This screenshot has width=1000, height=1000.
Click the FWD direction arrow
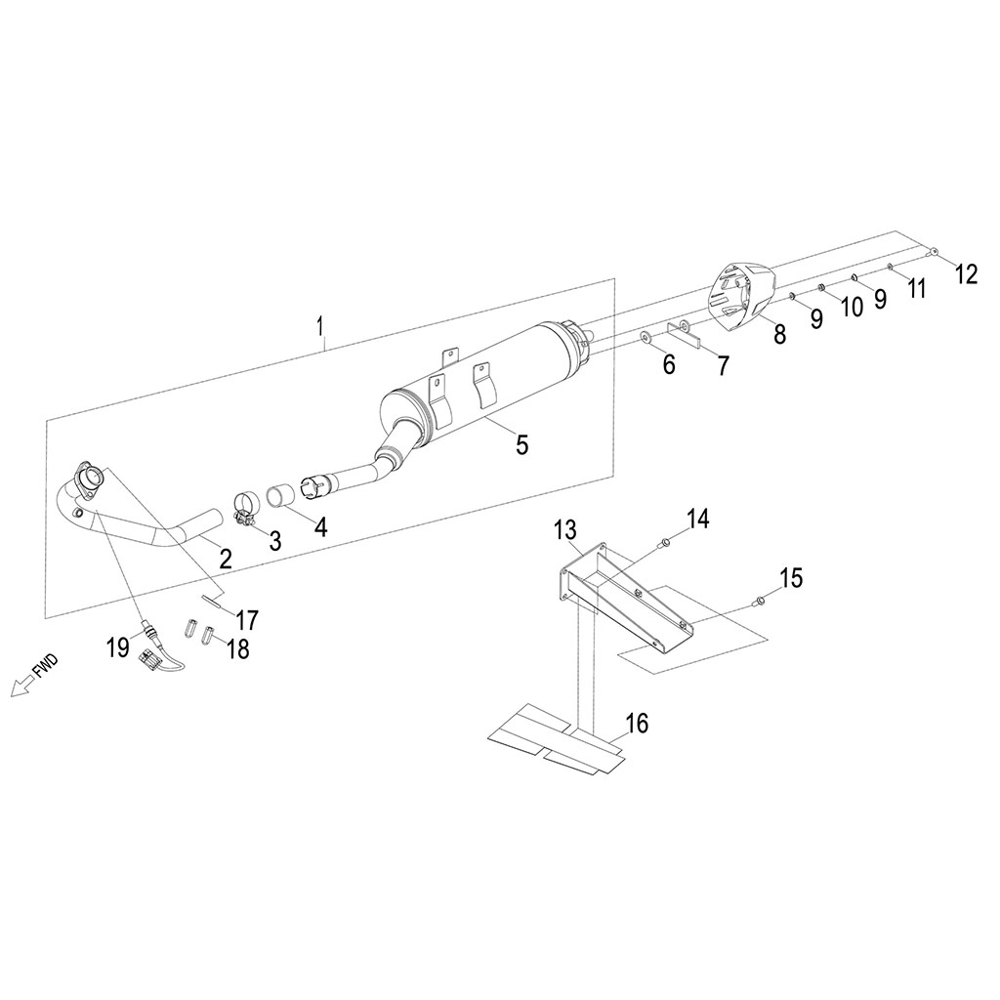click(x=23, y=687)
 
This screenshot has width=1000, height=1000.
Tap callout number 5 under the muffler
click(x=522, y=444)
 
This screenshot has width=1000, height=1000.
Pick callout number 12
click(x=966, y=274)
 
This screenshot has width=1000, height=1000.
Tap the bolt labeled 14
click(x=663, y=543)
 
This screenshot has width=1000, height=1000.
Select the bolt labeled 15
click(x=759, y=600)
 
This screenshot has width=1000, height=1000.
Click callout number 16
click(x=637, y=724)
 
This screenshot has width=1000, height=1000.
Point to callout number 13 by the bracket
click(x=565, y=529)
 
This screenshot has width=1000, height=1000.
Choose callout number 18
click(x=238, y=649)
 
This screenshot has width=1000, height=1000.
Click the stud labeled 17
click(x=211, y=600)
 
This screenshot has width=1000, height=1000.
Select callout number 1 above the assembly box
click(x=319, y=326)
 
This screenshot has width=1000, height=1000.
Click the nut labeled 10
click(x=822, y=289)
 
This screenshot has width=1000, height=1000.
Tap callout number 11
click(x=916, y=289)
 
